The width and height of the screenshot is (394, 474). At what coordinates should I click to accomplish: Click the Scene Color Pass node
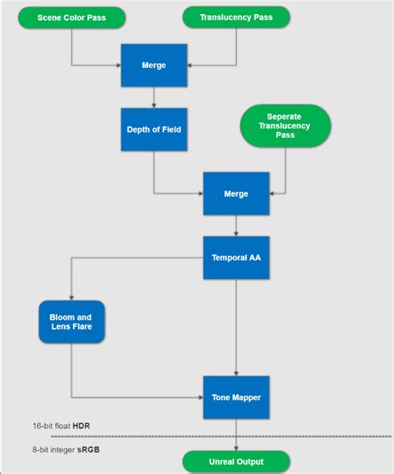pos(71,17)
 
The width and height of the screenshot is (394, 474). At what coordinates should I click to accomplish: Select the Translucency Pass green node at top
pos(236,17)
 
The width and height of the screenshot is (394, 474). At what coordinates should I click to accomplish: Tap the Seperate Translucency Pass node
pos(285,126)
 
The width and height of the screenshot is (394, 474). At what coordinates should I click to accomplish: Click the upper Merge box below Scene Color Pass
pos(154,65)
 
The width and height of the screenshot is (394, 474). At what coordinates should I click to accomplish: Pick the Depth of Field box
pos(154,129)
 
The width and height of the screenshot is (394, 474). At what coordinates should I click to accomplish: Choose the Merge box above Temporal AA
pos(236,193)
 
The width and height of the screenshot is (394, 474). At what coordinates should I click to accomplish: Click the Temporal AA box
pos(236,258)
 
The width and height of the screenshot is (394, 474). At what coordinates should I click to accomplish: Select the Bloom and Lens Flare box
pos(71,322)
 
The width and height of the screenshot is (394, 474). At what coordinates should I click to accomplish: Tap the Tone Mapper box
pos(236,397)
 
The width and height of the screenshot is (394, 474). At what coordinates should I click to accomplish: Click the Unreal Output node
pos(236,462)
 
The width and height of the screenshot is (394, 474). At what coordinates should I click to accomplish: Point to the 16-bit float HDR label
pos(61,425)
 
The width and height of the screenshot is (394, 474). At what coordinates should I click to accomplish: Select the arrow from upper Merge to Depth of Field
pos(154,97)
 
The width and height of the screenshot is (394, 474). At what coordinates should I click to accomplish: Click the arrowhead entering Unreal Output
pos(236,448)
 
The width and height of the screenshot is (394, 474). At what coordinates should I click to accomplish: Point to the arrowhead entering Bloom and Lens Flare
pos(71,297)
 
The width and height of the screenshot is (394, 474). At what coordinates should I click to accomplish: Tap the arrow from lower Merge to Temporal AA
pos(236,226)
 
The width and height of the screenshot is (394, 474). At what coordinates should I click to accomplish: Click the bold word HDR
pos(81,425)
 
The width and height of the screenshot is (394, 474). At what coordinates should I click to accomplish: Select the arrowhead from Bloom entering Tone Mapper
pos(200,397)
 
